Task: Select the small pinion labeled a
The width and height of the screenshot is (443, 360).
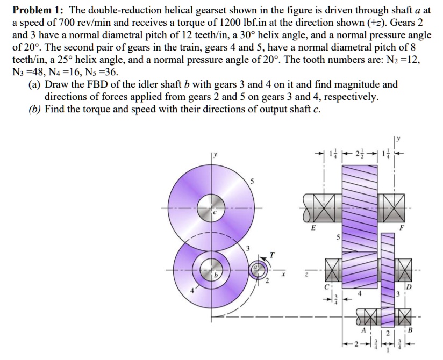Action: pyautogui.click(x=256, y=268)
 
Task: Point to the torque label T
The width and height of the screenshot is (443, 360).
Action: pyautogui.click(x=272, y=255)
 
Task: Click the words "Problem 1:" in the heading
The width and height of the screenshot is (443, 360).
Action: pyautogui.click(x=37, y=10)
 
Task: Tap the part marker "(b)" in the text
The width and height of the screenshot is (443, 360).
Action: pyautogui.click(x=35, y=109)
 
